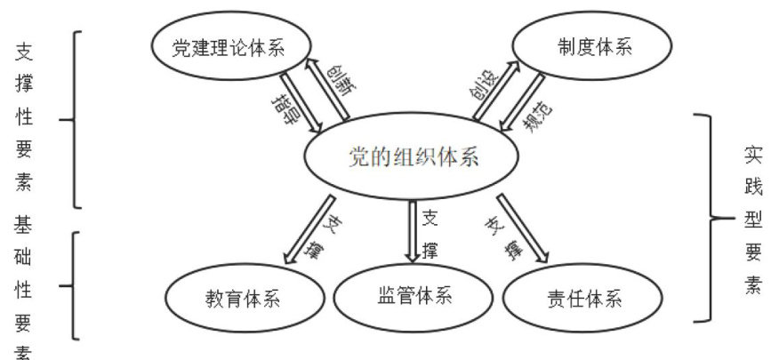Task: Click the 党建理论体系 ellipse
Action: pos(229,48)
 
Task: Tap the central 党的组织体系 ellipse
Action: pos(413,157)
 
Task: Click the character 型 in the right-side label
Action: pos(752,219)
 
